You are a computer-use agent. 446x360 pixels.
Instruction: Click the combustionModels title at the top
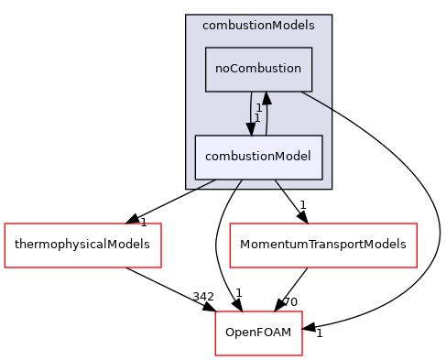258,26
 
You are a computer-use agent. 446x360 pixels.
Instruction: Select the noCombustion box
258,70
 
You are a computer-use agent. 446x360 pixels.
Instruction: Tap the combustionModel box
258,157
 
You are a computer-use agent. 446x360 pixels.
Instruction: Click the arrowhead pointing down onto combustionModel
250,128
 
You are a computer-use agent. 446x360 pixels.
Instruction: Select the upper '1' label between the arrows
259,108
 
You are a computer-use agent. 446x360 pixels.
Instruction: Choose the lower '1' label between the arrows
258,118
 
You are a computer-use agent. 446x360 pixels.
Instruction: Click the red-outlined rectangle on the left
82,245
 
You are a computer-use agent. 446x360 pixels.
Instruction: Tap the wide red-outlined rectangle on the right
322,245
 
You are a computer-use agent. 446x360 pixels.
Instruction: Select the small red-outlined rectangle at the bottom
258,333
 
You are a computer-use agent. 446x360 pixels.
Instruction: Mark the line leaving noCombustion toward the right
317,100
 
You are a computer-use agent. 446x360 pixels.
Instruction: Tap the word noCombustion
258,70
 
